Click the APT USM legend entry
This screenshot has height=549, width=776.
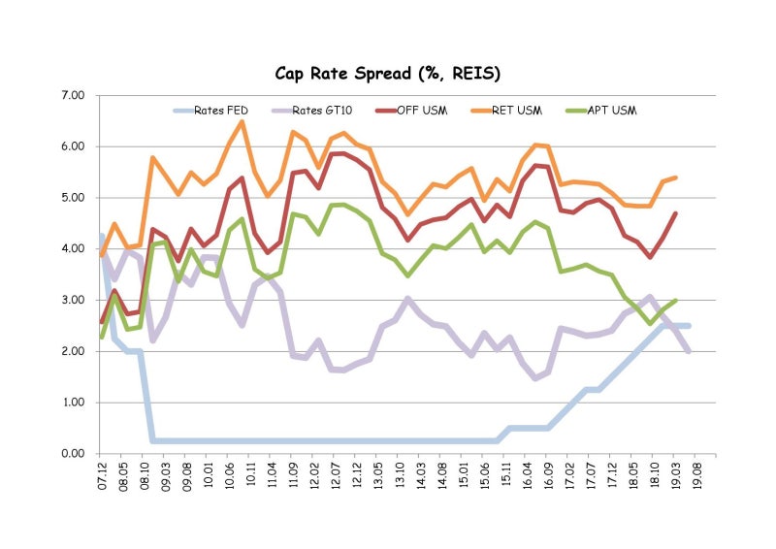[615, 110]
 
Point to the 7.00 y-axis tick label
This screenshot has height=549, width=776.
[72, 95]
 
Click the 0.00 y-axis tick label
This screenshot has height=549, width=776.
[72, 453]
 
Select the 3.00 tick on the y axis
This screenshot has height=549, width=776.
[72, 300]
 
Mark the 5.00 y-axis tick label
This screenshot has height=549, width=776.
[72, 198]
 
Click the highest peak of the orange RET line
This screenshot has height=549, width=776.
[242, 121]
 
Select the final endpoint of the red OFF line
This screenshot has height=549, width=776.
[675, 213]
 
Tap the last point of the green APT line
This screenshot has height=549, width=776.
[675, 300]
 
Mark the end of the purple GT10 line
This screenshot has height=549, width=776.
[689, 351]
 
